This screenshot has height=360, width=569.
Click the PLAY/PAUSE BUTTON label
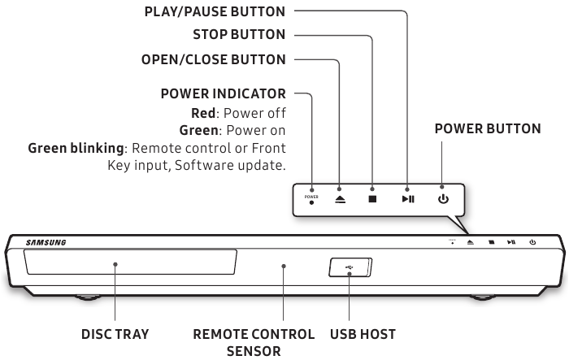(x=214, y=11)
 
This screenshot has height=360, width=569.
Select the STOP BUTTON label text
(x=239, y=35)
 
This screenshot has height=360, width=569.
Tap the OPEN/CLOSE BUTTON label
(x=214, y=59)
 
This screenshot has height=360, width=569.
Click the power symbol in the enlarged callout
(x=443, y=198)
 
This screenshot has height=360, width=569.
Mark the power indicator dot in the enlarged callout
(x=311, y=203)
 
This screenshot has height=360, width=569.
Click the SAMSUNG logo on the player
(x=46, y=242)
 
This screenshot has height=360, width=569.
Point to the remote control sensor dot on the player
(x=284, y=265)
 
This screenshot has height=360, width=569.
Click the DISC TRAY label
(x=115, y=334)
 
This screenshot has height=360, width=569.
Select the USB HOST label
(x=363, y=334)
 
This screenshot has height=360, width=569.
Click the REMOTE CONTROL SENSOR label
(x=254, y=342)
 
